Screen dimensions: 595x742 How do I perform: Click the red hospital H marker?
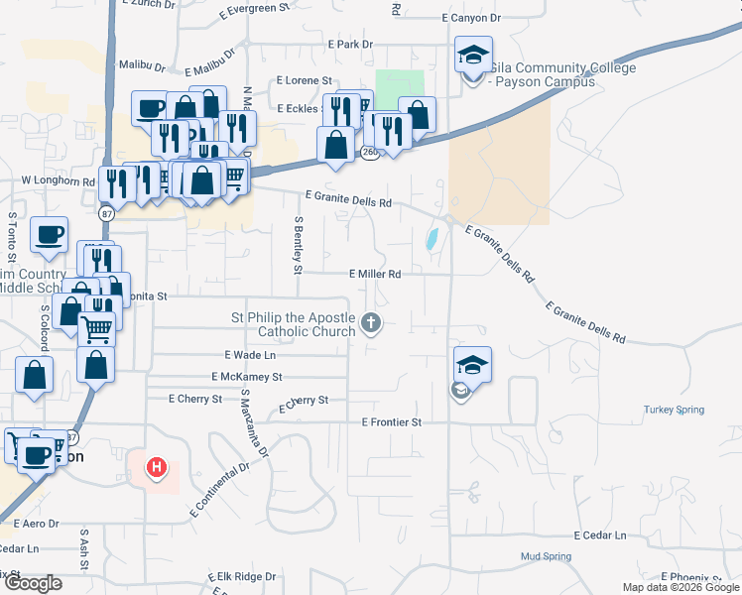pyautogui.click(x=156, y=467)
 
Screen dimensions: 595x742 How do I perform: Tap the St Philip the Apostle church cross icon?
pyautogui.click(x=371, y=321)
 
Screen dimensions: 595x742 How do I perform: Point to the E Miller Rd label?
pyautogui.click(x=375, y=274)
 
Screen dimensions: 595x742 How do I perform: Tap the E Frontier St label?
pyautogui.click(x=392, y=422)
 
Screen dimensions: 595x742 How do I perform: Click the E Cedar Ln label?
pyautogui.click(x=599, y=535)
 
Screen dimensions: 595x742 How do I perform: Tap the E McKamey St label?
pyautogui.click(x=247, y=377)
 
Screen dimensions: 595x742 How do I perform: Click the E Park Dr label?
pyautogui.click(x=349, y=45)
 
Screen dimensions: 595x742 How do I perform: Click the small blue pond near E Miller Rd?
pyautogui.click(x=433, y=239)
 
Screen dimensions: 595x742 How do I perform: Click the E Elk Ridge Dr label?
pyautogui.click(x=242, y=576)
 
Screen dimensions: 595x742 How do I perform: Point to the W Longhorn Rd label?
pyautogui.click(x=58, y=182)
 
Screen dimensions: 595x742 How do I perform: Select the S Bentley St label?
pyautogui.click(x=297, y=244)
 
